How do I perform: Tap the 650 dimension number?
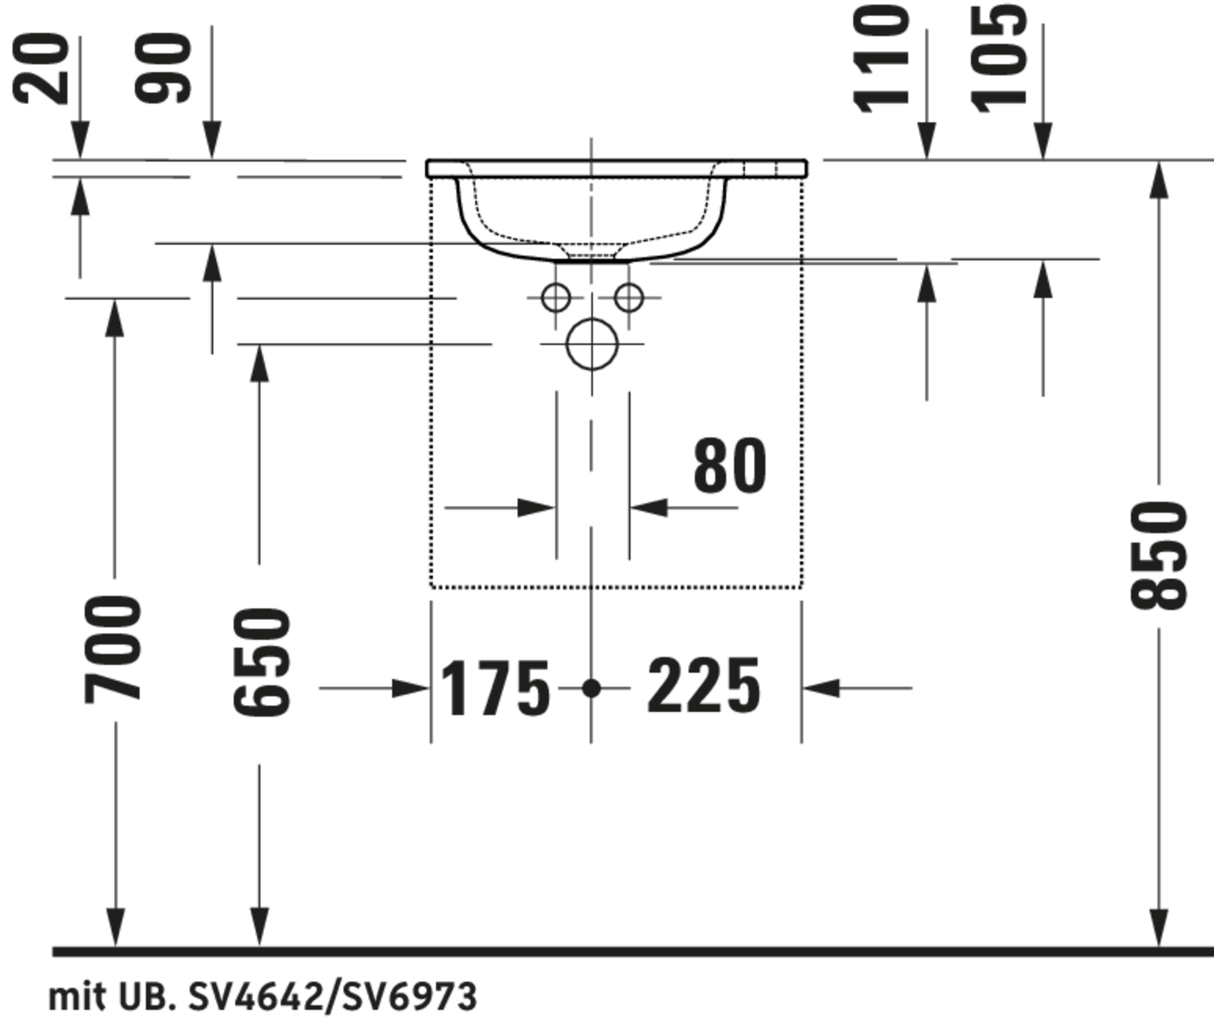click(261, 662)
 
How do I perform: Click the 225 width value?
click(703, 686)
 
